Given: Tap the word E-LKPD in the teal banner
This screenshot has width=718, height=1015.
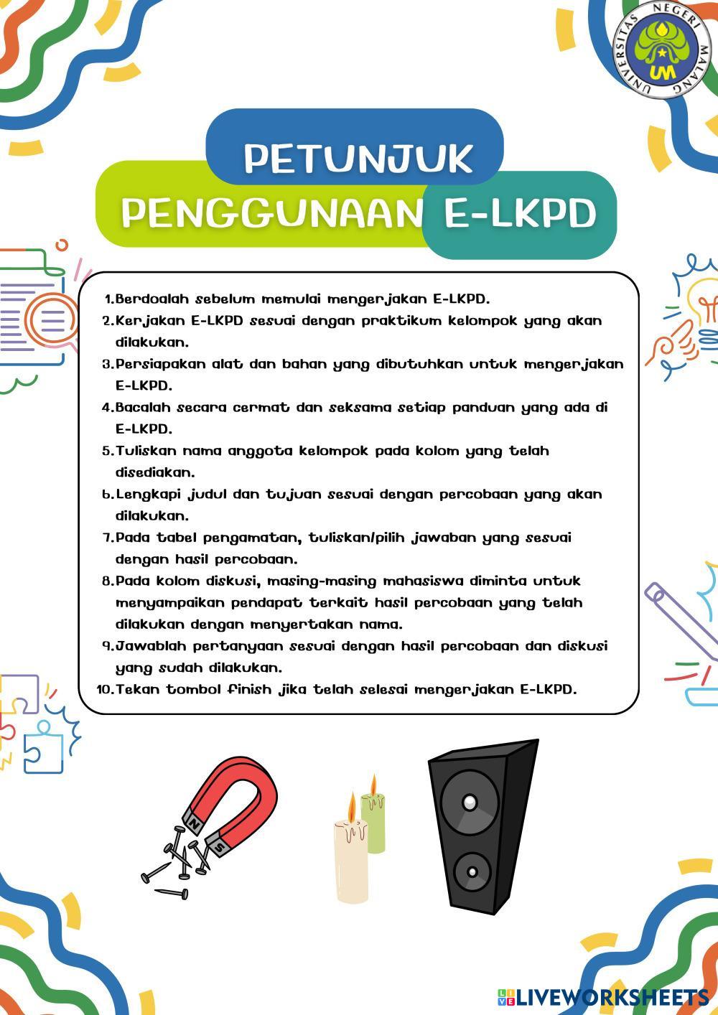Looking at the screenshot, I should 520,213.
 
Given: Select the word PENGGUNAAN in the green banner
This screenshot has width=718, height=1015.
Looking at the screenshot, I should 271,213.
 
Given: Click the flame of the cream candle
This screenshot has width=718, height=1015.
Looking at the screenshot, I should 351,807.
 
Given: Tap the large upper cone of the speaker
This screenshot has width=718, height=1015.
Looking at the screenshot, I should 469,800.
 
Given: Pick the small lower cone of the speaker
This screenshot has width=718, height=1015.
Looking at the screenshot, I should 472,872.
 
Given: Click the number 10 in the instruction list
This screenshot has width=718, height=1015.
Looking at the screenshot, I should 104,690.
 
